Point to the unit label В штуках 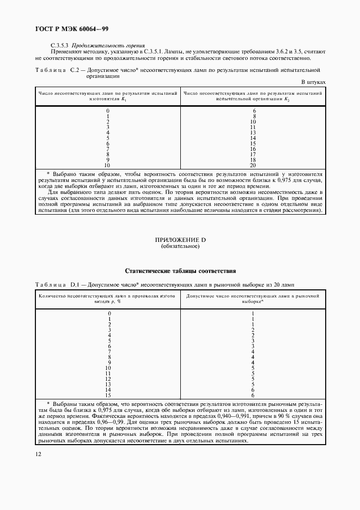tap(313, 82)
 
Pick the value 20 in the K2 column tap(253, 165)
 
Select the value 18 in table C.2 tap(253, 160)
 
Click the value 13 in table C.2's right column tap(253, 132)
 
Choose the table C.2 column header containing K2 tap(253, 96)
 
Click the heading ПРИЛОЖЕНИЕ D tap(180, 240)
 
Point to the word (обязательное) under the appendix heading tap(180, 247)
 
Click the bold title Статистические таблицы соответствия tap(180, 270)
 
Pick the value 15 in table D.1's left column tap(108, 395)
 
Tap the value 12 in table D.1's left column tap(108, 379)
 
